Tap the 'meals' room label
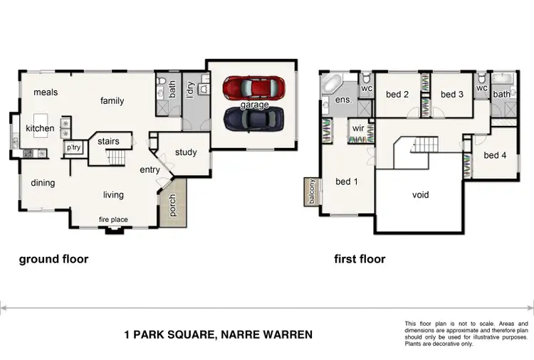44,92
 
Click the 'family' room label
112,101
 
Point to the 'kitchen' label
40,129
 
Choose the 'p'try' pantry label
73,148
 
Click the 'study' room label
185,152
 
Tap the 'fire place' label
113,220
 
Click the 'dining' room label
43,184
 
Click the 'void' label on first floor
421,195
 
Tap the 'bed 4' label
495,156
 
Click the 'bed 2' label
397,95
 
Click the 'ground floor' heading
53,260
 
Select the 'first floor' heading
360,260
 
